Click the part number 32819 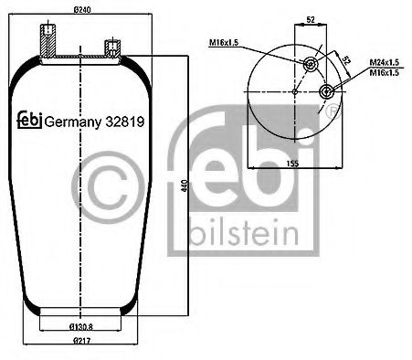(x=128, y=119)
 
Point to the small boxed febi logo (x=28, y=120)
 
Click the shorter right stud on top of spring (x=111, y=48)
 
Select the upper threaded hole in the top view (x=311, y=63)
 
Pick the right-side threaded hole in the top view (x=330, y=90)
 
